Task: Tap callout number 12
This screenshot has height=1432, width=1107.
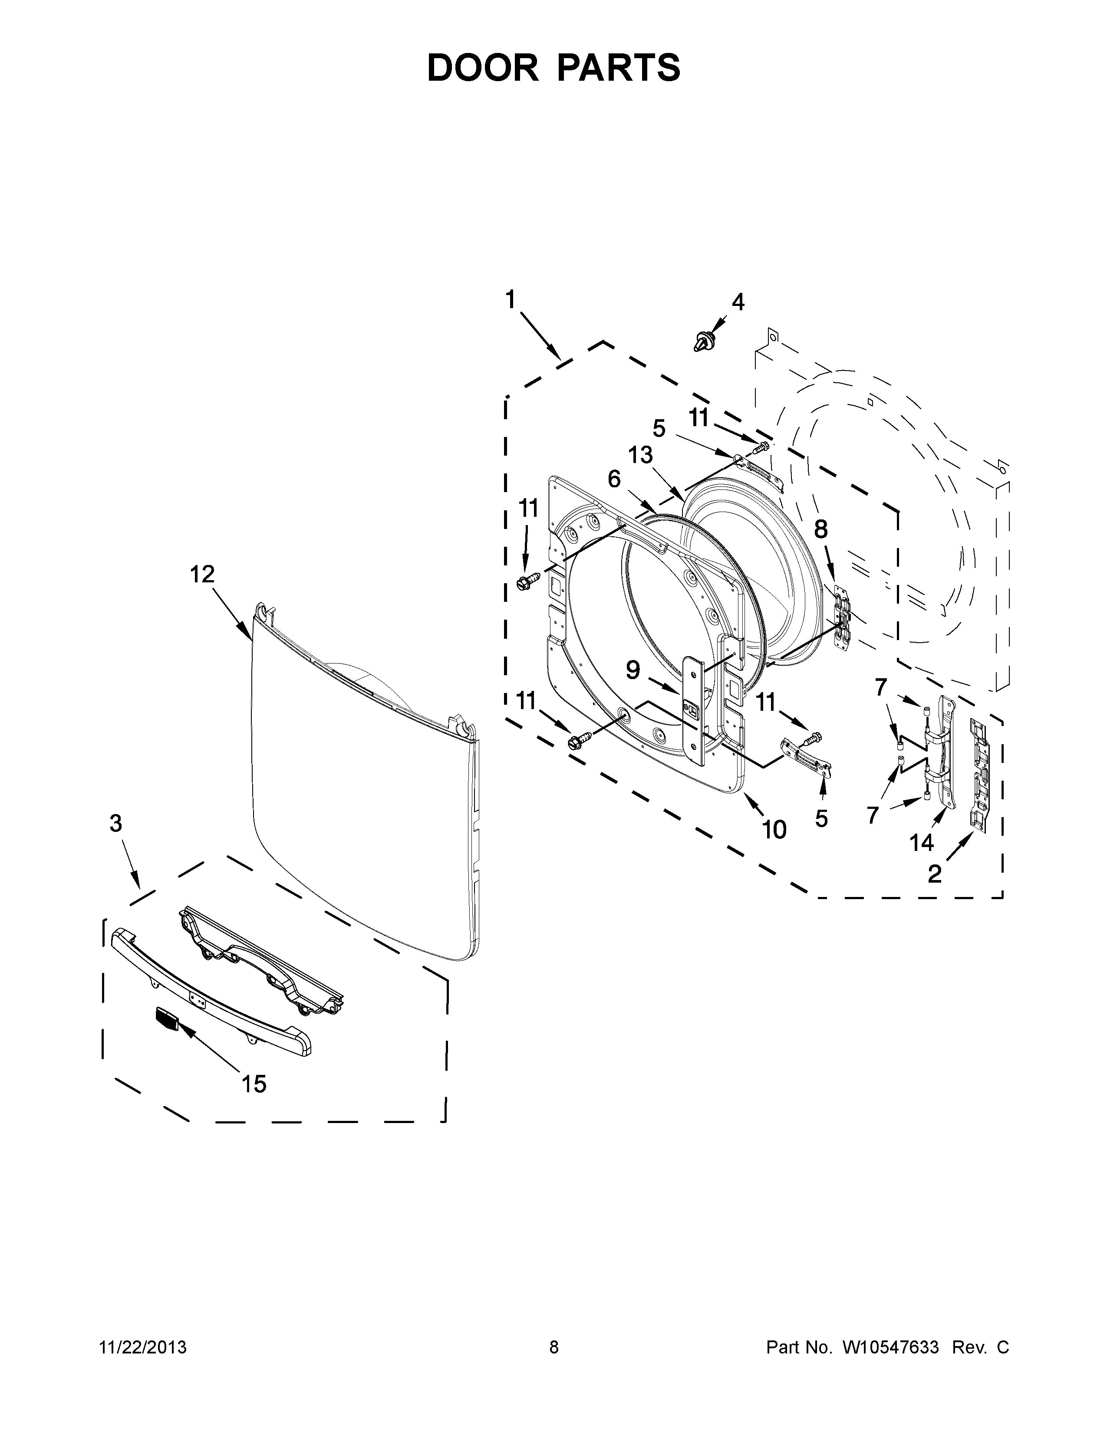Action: (x=202, y=575)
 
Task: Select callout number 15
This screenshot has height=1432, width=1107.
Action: (x=254, y=1084)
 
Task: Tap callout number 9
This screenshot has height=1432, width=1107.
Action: (x=633, y=670)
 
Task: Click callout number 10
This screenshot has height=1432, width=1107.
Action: (x=774, y=830)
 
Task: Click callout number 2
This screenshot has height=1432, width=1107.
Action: (x=935, y=874)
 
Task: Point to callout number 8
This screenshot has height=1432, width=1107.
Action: (x=821, y=529)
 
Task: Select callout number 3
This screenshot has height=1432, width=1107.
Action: (x=115, y=824)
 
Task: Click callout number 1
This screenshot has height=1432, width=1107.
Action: (x=510, y=300)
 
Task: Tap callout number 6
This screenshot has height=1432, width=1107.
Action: (x=614, y=480)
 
